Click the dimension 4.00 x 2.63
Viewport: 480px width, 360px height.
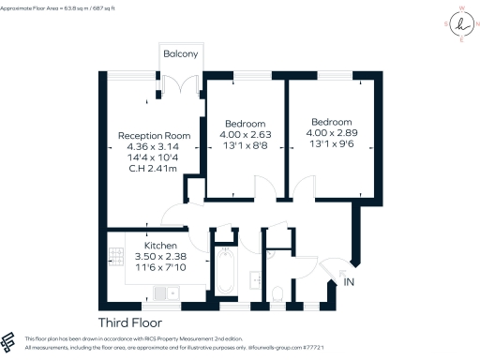245,134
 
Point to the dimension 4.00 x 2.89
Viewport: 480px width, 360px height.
331,133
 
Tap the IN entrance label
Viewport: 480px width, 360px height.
350,282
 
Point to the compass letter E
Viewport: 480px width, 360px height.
459,40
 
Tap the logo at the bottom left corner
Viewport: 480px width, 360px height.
10,341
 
